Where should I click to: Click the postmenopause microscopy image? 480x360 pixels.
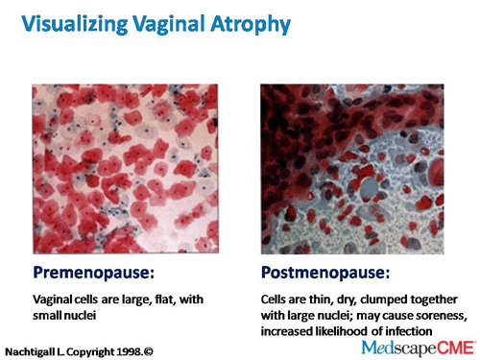click(351, 168)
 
